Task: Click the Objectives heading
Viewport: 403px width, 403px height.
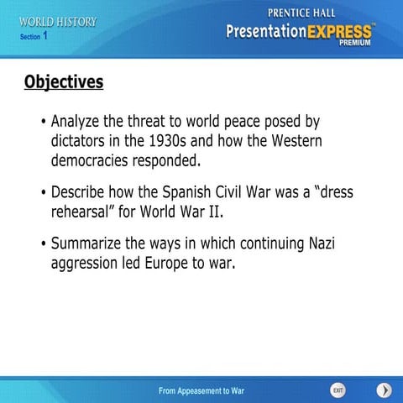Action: pos(64,82)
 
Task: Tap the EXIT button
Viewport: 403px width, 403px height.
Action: pos(338,390)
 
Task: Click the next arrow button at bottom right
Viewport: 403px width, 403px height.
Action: pos(384,390)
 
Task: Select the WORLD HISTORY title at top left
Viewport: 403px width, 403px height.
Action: pos(58,22)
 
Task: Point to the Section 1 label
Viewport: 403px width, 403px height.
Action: pos(34,36)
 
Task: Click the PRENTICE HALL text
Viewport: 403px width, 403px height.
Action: pos(304,13)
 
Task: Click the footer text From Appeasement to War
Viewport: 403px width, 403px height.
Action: pos(201,391)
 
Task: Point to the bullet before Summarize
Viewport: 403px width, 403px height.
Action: pos(43,244)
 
